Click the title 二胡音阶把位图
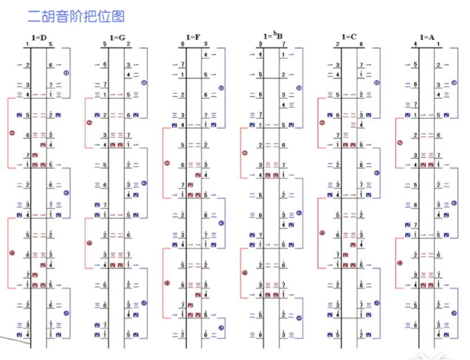coord(76,16)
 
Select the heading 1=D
coord(40,37)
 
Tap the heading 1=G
coord(118,37)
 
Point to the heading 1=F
coord(194,37)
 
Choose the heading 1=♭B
coord(272,37)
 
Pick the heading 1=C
coord(350,37)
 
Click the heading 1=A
coord(428,37)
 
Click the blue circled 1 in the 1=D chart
coord(66,73)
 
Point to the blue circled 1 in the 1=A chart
coord(454,83)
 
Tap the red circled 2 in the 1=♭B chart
coord(245,153)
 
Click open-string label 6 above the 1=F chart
coord(183,44)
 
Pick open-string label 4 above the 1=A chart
coord(416,44)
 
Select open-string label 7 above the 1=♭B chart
coord(283,44)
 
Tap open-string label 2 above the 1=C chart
coord(338,44)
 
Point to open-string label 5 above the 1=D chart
coord(51,44)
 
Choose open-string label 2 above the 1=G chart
coord(129,44)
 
